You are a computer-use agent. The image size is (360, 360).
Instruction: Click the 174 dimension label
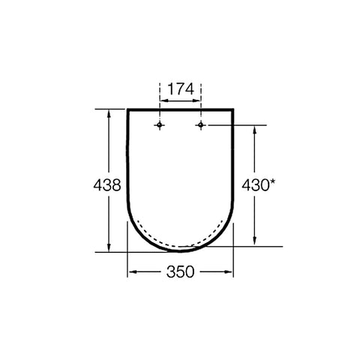point(181,89)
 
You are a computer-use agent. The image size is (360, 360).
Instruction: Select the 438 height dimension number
point(107,185)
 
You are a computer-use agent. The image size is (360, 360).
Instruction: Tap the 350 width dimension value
point(180,271)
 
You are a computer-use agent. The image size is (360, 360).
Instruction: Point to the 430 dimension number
point(255,185)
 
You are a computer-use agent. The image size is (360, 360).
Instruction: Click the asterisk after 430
point(272,183)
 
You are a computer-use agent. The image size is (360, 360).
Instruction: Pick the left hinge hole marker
point(160,124)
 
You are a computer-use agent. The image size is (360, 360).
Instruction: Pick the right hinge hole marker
point(201,124)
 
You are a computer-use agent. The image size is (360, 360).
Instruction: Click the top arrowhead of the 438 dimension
point(109,114)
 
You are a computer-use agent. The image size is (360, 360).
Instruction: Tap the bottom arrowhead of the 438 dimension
point(109,247)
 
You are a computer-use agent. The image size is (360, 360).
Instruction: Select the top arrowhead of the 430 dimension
point(255,130)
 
